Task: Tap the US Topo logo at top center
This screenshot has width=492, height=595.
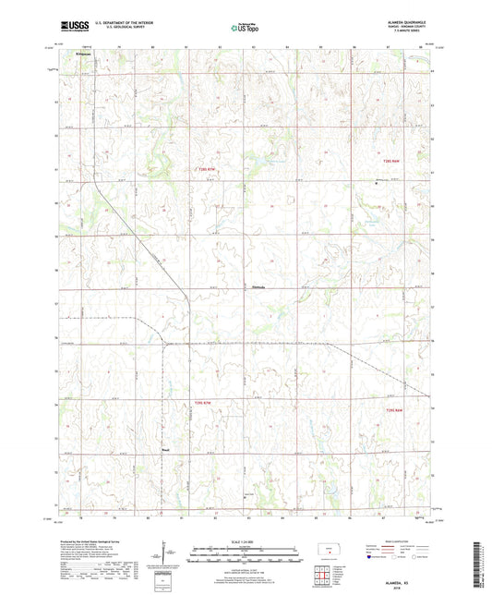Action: [243, 29]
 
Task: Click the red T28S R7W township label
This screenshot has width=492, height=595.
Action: [209, 168]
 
